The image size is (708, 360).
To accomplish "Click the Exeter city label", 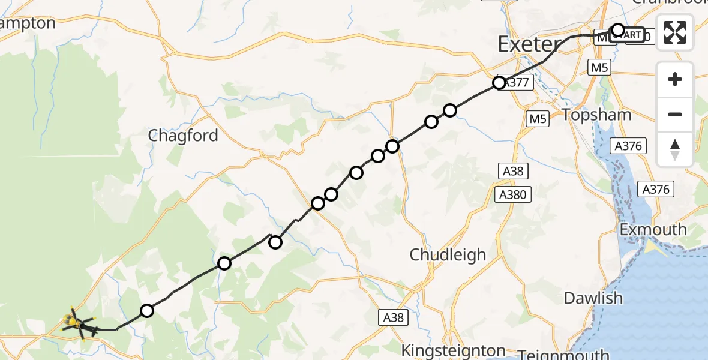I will point(528,44).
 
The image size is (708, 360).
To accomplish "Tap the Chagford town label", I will point(183,136).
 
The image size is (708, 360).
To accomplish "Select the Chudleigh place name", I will point(448,254).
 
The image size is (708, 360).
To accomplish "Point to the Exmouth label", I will point(653,230).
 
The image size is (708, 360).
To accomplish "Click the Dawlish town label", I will point(593,298).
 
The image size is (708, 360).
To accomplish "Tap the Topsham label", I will point(597,115).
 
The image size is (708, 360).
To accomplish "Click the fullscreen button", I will point(675,32).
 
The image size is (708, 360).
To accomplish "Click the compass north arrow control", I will point(675,149).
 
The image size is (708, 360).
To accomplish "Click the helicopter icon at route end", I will point(76,325).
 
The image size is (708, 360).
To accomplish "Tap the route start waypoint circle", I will point(617,30).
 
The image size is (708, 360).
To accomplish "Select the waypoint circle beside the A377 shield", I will point(499,83).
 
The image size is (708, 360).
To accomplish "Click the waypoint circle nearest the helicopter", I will point(147,310).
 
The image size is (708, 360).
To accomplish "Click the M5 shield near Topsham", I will point(538,119).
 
